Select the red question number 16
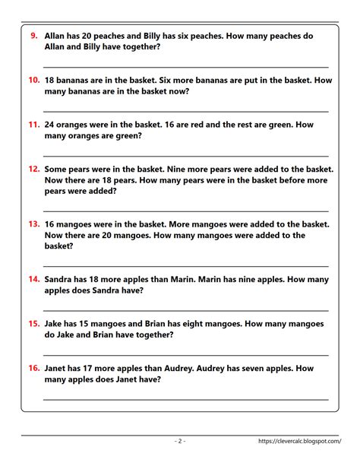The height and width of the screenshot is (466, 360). [34, 368]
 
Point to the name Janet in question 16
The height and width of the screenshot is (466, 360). [58, 368]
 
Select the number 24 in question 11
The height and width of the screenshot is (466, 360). [52, 124]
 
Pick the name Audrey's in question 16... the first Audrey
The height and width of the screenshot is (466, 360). [215, 368]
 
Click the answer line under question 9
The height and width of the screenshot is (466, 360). [186, 67]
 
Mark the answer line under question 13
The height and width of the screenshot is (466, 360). [186, 266]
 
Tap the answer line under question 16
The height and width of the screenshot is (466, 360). [186, 399]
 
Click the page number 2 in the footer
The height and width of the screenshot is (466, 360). [180, 441]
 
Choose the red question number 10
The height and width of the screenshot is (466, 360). [34, 80]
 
